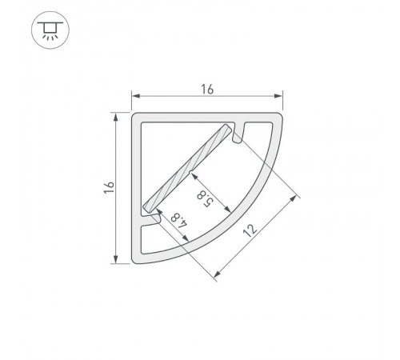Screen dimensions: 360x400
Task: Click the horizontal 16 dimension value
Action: pos(206,90)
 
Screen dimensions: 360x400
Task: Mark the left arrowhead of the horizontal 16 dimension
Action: pos(135,98)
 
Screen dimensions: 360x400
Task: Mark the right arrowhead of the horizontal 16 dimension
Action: pos(280,98)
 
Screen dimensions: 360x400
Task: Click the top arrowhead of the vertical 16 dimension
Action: pos(118,117)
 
